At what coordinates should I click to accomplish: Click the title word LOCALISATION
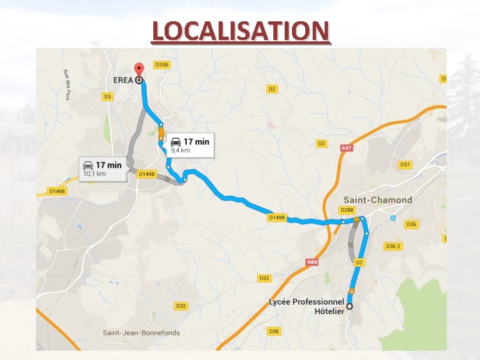pyautogui.click(x=240, y=31)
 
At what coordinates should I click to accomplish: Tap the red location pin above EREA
pyautogui.click(x=139, y=69)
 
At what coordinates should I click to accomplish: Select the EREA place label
pyautogui.click(x=123, y=80)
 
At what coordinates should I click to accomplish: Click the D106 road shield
pyautogui.click(x=161, y=65)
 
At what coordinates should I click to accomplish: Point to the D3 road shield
pyautogui.click(x=107, y=97)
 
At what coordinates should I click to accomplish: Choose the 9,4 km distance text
pyautogui.click(x=180, y=151)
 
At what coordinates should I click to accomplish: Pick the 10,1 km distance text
pyautogui.click(x=93, y=174)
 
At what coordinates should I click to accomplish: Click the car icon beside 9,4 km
pyautogui.click(x=176, y=141)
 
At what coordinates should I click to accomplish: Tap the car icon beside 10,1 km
pyautogui.click(x=87, y=165)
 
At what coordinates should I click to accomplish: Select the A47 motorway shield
pyautogui.click(x=346, y=148)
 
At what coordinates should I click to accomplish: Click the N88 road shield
pyautogui.click(x=311, y=262)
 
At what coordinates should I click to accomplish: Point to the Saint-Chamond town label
pyautogui.click(x=377, y=200)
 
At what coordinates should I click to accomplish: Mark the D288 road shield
pyautogui.click(x=347, y=210)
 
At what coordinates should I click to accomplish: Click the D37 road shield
pyautogui.click(x=405, y=165)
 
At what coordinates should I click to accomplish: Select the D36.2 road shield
pyautogui.click(x=393, y=246)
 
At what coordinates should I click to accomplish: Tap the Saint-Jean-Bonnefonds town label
pyautogui.click(x=139, y=333)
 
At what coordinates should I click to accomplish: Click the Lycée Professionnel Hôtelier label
pyautogui.click(x=306, y=306)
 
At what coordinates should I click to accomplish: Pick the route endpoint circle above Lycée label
pyautogui.click(x=349, y=306)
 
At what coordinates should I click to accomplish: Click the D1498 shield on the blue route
pyautogui.click(x=277, y=217)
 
